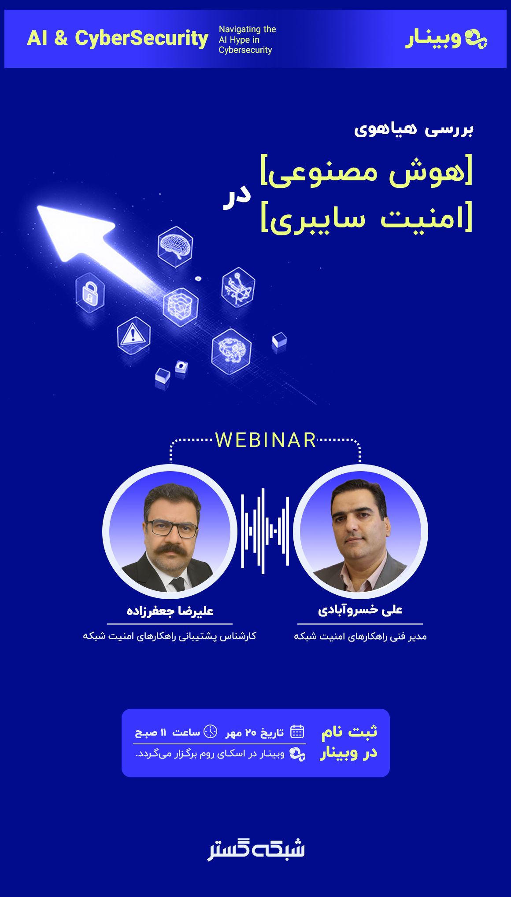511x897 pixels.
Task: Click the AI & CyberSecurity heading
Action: (x=118, y=38)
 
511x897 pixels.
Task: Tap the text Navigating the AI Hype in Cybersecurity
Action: (x=247, y=40)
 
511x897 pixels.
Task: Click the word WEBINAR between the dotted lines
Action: (x=266, y=440)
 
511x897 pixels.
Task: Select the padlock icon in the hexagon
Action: (x=90, y=293)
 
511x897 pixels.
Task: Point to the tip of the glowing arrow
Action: (x=38, y=206)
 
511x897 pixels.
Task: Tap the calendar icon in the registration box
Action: (x=297, y=732)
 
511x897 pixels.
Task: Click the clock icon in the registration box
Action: (x=211, y=732)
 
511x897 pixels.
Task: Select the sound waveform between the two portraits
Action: (x=265, y=531)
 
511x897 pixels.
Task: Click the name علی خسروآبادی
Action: (x=360, y=610)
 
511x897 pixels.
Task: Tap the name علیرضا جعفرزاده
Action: (x=170, y=611)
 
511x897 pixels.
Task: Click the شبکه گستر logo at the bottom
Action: (x=256, y=849)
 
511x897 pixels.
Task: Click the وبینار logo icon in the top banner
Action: (x=476, y=38)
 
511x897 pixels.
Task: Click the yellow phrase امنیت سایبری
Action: (x=367, y=217)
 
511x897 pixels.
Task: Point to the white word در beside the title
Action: (x=237, y=197)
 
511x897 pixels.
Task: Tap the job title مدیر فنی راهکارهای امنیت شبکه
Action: (x=360, y=636)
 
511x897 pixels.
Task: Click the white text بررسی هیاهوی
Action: (x=414, y=129)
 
